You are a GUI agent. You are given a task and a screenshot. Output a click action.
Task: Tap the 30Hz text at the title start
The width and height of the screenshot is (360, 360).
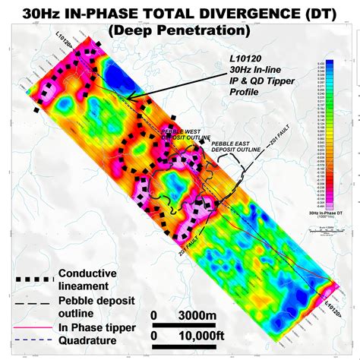46,13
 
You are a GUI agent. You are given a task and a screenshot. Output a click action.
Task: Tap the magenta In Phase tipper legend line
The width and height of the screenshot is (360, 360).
29,328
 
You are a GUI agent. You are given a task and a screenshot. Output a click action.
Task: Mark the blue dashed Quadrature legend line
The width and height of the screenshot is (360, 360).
29,341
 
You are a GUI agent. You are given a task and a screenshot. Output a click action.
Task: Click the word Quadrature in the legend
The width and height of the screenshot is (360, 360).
89,341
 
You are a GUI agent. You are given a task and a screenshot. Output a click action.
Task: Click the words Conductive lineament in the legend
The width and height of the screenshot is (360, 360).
87,280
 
